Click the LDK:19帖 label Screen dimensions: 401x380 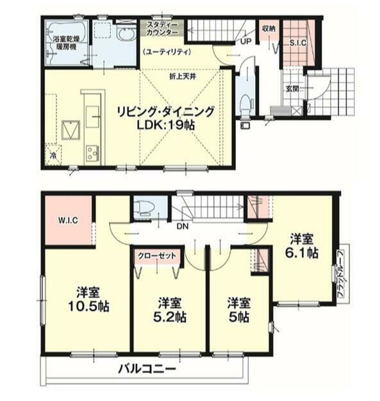[165, 125]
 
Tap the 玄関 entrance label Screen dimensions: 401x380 [292, 89]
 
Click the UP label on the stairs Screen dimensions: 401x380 [245, 41]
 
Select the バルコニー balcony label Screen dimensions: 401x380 [145, 370]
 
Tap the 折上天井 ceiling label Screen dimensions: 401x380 [183, 76]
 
